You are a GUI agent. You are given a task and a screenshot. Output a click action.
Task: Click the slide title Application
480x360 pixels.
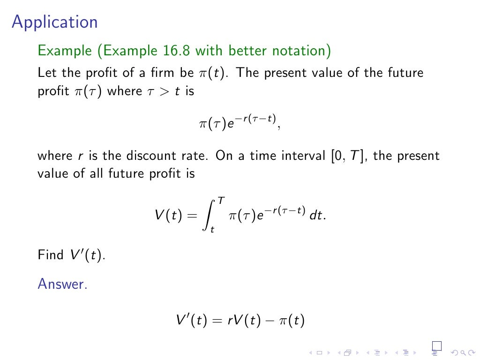pyautogui.click(x=55, y=22)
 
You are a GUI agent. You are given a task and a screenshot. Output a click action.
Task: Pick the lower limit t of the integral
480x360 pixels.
pyautogui.click(x=212, y=230)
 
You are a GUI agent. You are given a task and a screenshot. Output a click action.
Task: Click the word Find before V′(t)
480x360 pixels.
pyautogui.click(x=50, y=255)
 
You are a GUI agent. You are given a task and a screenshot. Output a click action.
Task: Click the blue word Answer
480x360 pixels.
pyautogui.click(x=62, y=284)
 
